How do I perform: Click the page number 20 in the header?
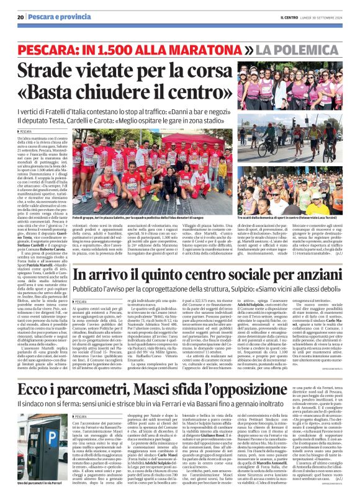tap(20, 17)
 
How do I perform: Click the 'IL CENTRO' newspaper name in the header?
tap(290, 17)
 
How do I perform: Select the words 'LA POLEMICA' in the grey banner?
tap(300, 48)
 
